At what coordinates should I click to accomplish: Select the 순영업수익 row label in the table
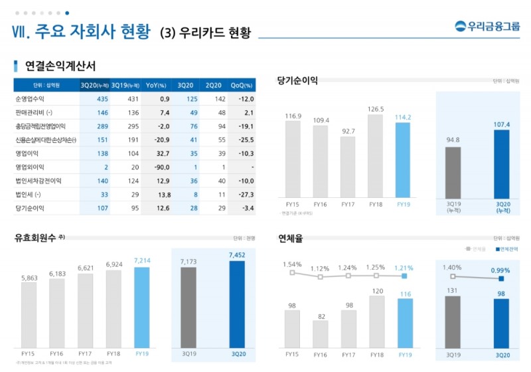pyautogui.click(x=29, y=99)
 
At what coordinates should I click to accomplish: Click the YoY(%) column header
pyautogui.click(x=156, y=85)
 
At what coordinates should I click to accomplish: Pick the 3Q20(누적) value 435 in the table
pyautogui.click(x=102, y=99)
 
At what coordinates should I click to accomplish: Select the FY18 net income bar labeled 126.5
pyautogui.click(x=376, y=157)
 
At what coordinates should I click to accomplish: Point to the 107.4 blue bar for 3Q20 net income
pyautogui.click(x=502, y=164)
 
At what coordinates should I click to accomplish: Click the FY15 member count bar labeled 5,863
pyautogui.click(x=29, y=315)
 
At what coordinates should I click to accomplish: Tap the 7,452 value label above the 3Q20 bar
pyautogui.click(x=237, y=254)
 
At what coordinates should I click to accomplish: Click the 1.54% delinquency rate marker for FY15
pyautogui.click(x=292, y=272)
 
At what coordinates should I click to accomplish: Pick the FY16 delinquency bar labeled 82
pyautogui.click(x=321, y=334)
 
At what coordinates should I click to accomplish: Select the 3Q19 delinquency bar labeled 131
pyautogui.click(x=453, y=322)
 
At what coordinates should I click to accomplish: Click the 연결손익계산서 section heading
pyautogui.click(x=60, y=66)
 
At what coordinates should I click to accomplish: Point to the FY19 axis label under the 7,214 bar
pyautogui.click(x=142, y=353)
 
